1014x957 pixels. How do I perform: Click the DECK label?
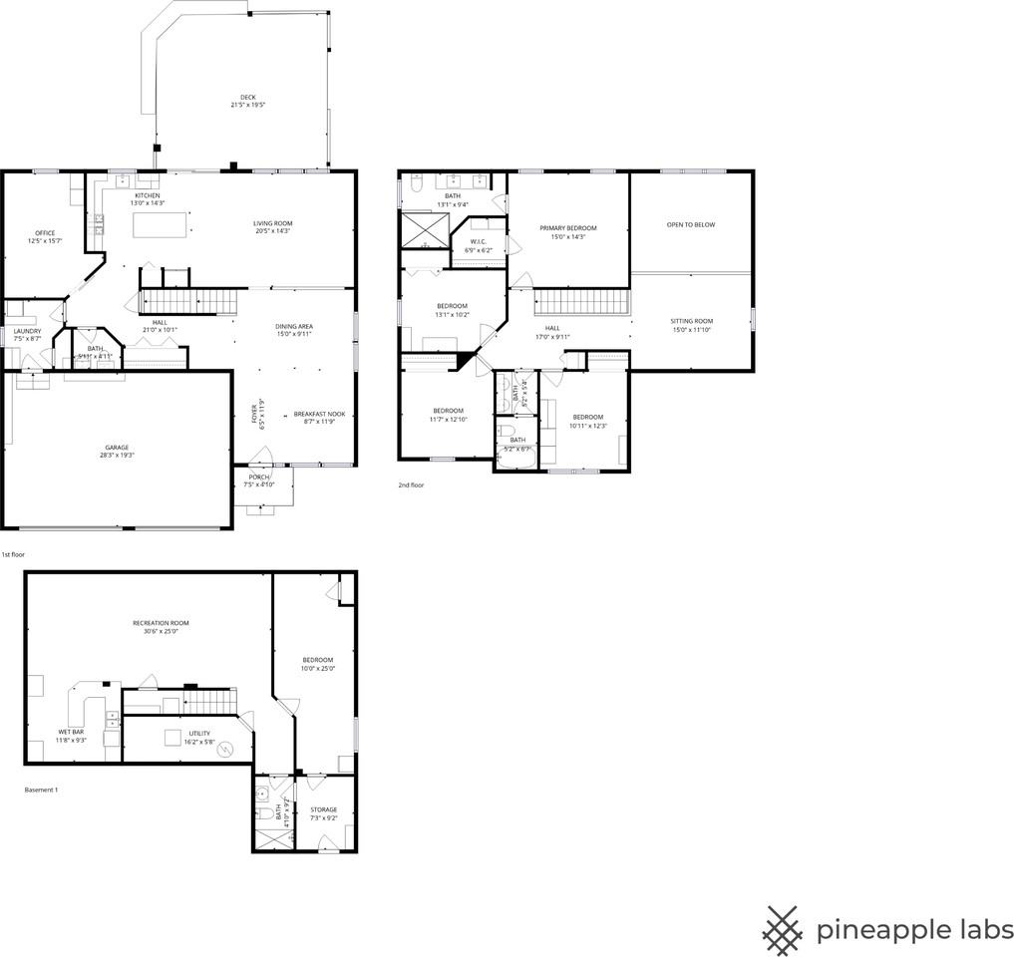point(247,98)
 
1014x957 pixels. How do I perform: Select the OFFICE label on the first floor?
point(45,233)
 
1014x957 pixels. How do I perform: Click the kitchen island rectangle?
point(162,225)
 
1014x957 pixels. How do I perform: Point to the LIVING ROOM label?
point(272,223)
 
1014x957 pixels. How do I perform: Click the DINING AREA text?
point(294,327)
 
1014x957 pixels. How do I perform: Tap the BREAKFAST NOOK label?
point(320,414)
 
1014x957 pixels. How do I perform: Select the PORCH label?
point(257,478)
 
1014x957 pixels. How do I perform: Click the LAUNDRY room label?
point(27,331)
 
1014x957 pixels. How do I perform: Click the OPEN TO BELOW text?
point(691,225)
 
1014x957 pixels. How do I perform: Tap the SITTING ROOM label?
point(691,321)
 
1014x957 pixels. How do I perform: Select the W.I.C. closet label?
point(478,241)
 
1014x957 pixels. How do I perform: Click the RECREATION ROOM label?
point(161,623)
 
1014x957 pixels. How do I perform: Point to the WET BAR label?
point(71,733)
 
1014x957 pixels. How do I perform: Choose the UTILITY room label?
point(199,733)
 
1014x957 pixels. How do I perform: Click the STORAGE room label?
point(323,809)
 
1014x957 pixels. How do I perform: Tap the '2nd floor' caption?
point(411,485)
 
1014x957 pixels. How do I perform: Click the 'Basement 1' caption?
point(42,790)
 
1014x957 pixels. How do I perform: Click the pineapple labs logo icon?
point(784,930)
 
